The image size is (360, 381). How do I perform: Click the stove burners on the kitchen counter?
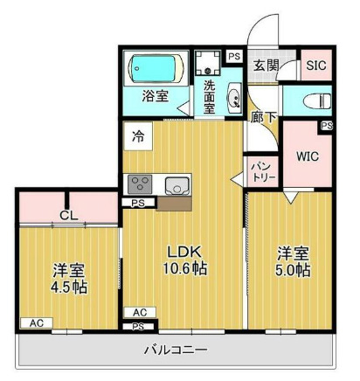coord(140,185)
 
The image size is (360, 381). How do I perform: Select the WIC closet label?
coord(308,157)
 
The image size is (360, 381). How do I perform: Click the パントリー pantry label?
coord(263,170)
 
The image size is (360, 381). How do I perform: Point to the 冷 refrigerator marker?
coord(139,135)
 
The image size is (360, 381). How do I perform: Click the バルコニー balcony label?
coord(176,350)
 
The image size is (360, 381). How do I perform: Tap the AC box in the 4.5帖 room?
coord(36,323)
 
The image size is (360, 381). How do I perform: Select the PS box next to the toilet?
coord(325,126)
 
